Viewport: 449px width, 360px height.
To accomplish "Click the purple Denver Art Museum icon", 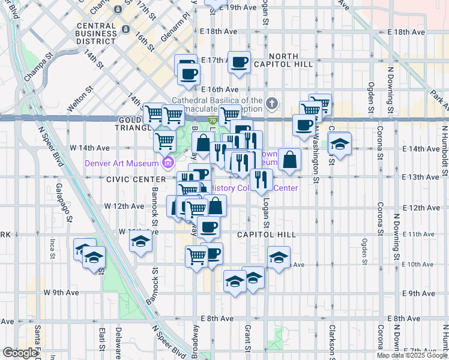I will (167, 163).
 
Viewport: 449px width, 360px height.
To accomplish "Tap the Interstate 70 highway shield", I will (212, 120).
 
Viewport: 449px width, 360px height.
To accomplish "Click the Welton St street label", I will (80, 99).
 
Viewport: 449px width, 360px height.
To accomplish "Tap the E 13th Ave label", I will (420, 178).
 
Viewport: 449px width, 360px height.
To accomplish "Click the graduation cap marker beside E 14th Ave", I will (340, 144).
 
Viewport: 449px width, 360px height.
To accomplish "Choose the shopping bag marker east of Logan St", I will (289, 159).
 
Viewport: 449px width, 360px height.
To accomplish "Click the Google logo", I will (20, 353).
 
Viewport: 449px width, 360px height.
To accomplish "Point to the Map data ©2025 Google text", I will (412, 355).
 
